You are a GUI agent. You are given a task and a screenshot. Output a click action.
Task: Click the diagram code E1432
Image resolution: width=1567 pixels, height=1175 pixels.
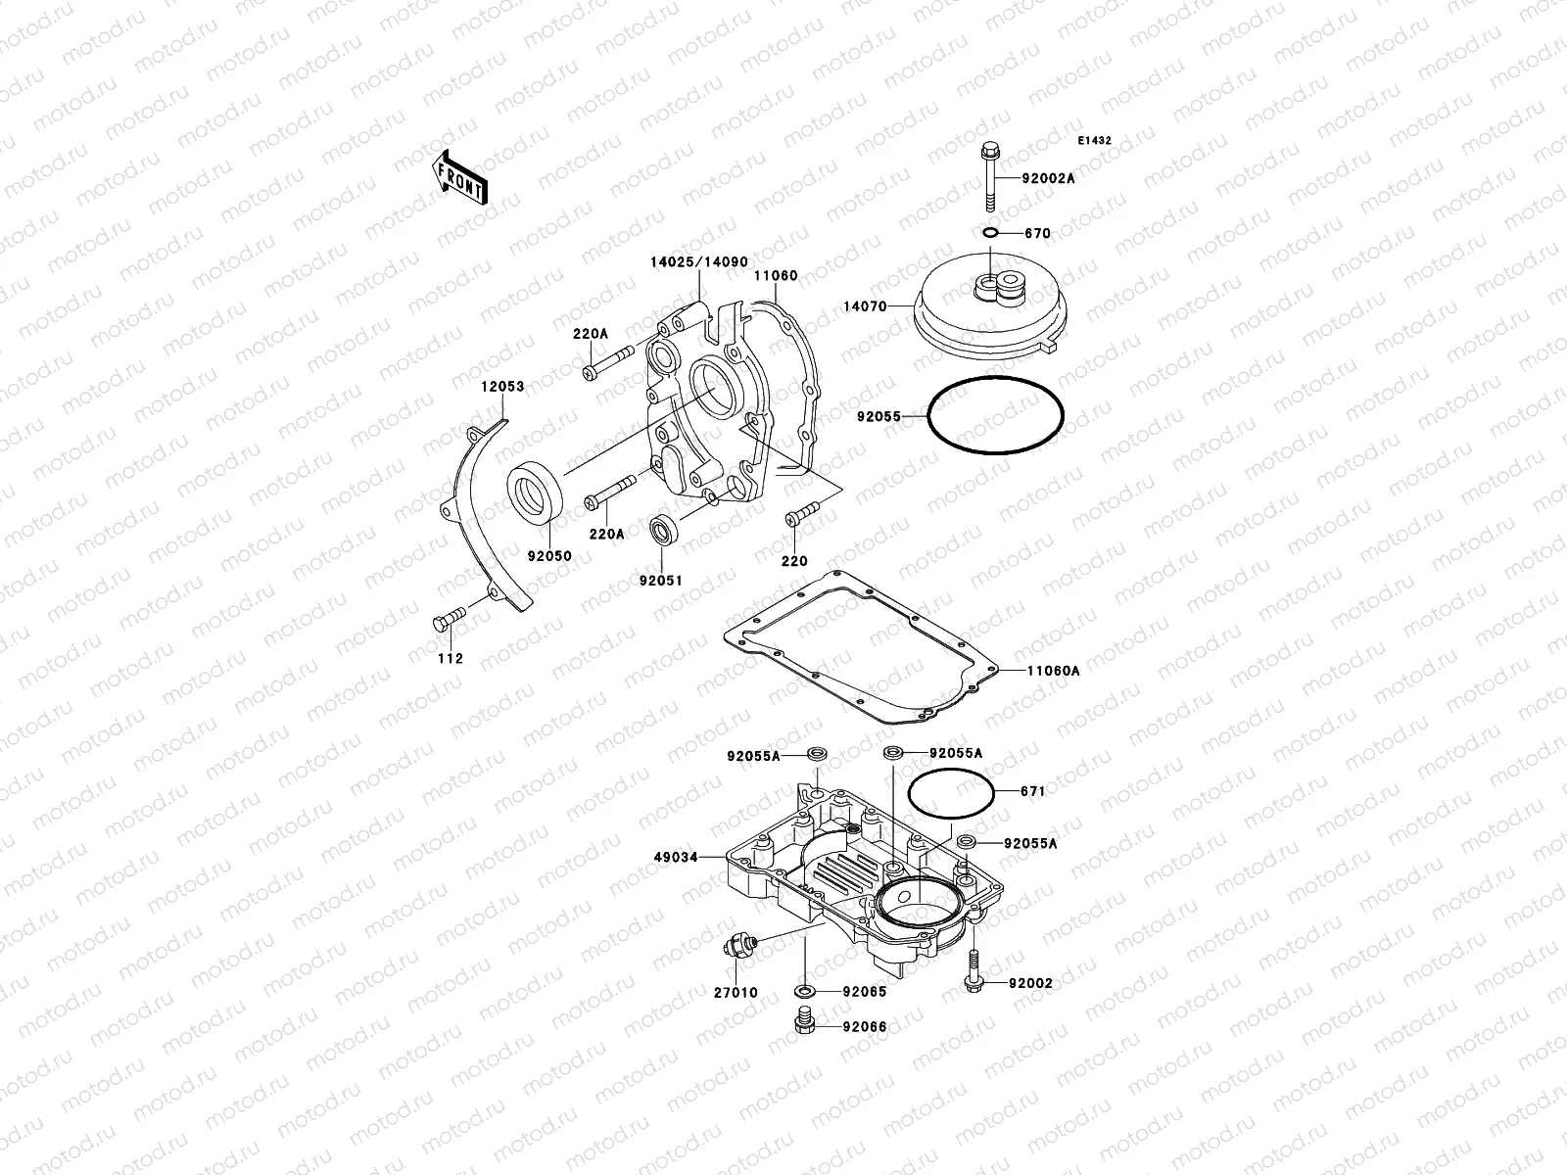(1094, 141)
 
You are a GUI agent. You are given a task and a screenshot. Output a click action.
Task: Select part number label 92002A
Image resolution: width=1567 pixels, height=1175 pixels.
(1048, 178)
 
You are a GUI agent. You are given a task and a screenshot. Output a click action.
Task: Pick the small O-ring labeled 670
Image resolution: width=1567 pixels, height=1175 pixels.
(989, 233)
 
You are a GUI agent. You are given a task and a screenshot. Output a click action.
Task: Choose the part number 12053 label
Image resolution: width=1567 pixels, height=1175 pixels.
(501, 387)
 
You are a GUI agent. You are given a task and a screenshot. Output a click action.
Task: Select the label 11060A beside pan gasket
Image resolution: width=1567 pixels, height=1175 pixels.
(1053, 671)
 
